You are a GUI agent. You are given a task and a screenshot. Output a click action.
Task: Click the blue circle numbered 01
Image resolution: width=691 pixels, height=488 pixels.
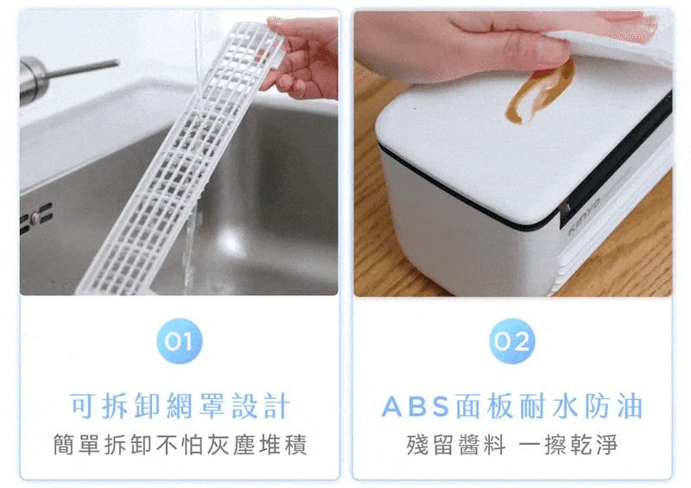pyautogui.click(x=180, y=341)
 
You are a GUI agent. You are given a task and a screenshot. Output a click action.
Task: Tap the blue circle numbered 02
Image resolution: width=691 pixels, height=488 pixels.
pyautogui.click(x=512, y=341)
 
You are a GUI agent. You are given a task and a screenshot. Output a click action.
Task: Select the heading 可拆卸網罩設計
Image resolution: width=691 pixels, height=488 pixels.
pyautogui.click(x=180, y=406)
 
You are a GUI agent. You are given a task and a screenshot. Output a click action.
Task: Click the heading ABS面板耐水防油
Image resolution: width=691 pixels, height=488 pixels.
pyautogui.click(x=512, y=406)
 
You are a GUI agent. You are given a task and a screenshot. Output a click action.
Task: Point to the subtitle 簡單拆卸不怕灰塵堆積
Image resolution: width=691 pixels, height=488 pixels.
pyautogui.click(x=180, y=444)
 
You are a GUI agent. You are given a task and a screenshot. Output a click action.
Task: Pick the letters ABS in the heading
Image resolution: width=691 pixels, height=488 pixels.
pyautogui.click(x=415, y=407)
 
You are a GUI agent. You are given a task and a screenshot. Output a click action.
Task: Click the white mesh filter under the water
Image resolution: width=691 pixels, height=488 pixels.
pyautogui.click(x=176, y=159)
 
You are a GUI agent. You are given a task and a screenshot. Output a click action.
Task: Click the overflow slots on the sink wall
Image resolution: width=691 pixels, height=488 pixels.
pyautogui.click(x=36, y=219)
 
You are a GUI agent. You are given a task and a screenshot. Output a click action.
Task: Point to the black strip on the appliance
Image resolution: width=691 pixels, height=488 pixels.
pyautogui.click(x=617, y=159)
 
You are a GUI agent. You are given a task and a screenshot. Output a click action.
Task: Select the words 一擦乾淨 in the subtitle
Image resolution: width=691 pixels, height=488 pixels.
pyautogui.click(x=568, y=444)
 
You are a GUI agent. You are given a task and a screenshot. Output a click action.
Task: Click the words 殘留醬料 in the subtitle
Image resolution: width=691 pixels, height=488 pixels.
pyautogui.click(x=456, y=444)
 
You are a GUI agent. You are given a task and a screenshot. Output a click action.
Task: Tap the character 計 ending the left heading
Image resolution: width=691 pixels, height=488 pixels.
pyautogui.click(x=276, y=406)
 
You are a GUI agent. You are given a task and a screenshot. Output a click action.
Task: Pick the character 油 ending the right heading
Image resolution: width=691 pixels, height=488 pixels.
pyautogui.click(x=630, y=406)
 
